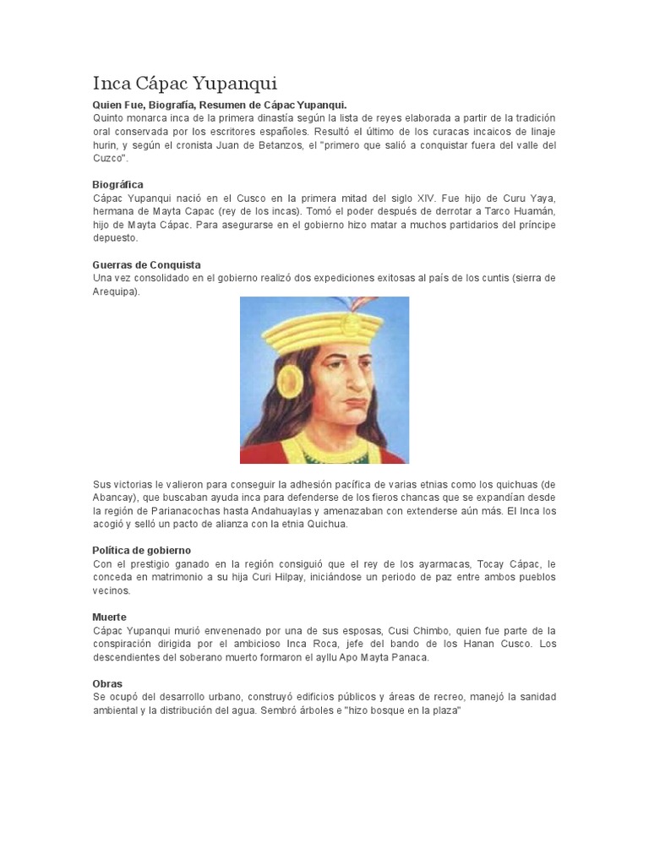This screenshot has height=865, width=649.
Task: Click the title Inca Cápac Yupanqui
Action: coord(184,84)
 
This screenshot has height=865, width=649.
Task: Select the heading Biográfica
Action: coord(117,184)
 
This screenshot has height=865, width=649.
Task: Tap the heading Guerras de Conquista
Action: coord(146,264)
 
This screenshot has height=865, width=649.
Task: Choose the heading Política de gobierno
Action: coord(142,550)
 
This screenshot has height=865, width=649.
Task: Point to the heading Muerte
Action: coord(109,617)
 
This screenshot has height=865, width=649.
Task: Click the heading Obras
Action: coord(107,683)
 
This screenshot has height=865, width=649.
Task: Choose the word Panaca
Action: coord(411,658)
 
